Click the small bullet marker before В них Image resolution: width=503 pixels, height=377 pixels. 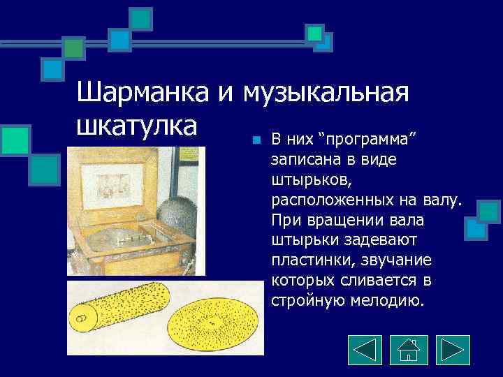click(x=256, y=140)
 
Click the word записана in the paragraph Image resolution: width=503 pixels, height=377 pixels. click(x=304, y=160)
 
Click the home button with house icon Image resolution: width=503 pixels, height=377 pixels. click(x=409, y=350)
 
